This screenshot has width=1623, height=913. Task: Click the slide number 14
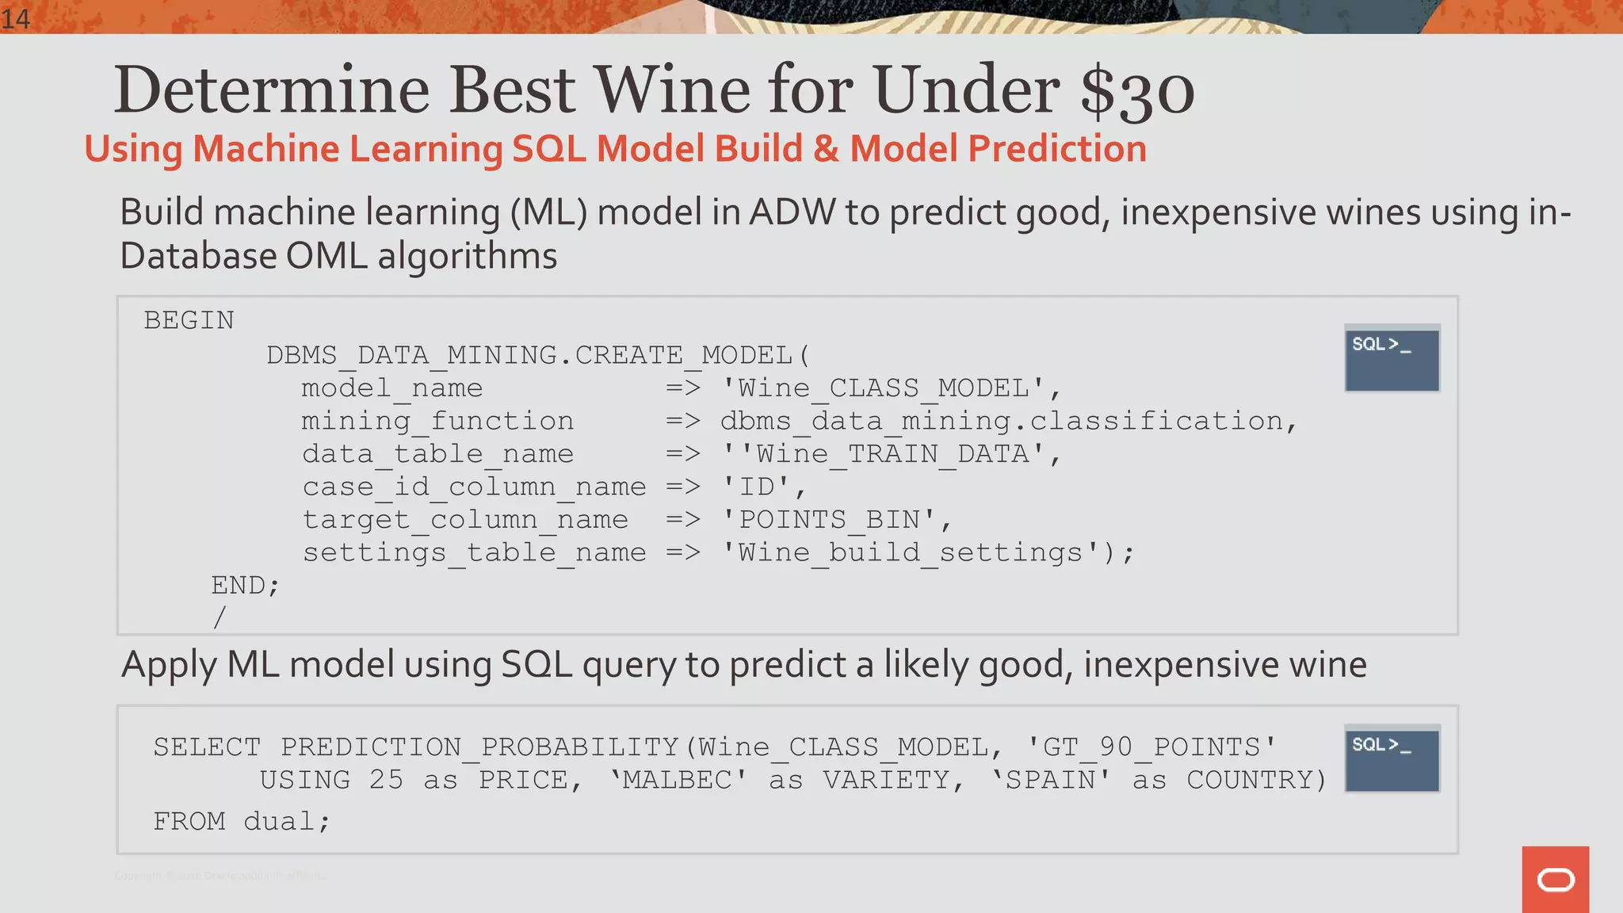point(15,17)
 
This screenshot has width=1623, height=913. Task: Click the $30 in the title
point(1137,90)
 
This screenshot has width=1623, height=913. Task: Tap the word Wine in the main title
point(672,90)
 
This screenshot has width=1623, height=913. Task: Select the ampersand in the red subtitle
point(826,149)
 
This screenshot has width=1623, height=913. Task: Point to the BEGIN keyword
point(189,321)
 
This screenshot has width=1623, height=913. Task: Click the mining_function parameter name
point(437,421)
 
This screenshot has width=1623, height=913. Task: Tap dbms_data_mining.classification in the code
point(1001,421)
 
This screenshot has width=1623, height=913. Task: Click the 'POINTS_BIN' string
point(830,520)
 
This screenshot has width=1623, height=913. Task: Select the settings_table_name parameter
point(474,552)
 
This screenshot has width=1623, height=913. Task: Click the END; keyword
point(245,586)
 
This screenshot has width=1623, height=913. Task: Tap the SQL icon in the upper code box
point(1392,358)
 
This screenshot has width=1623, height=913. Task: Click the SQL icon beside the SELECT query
point(1392,758)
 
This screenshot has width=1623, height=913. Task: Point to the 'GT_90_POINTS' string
point(1151,747)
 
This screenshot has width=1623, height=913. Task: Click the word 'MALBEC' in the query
point(678,781)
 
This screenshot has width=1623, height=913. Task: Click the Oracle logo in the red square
point(1555,880)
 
